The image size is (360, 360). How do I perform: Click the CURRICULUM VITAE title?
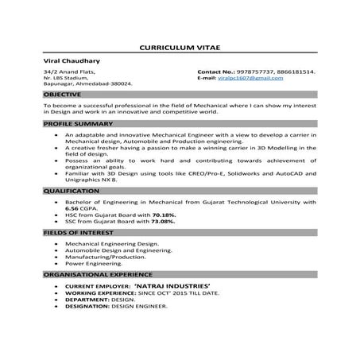(x=180, y=47)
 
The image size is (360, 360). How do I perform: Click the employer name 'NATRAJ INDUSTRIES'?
(x=172, y=284)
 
